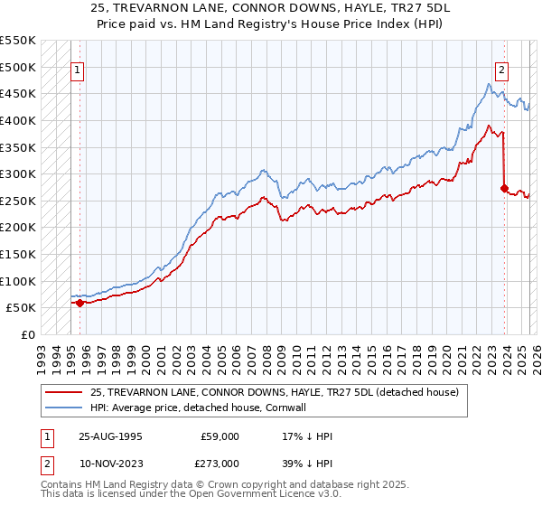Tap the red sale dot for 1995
pos(79,303)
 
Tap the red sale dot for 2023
pos(504,188)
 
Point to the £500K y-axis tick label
pos(18,67)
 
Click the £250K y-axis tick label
pos(18,201)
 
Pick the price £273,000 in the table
pos(220,463)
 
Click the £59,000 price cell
pos(220,436)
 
